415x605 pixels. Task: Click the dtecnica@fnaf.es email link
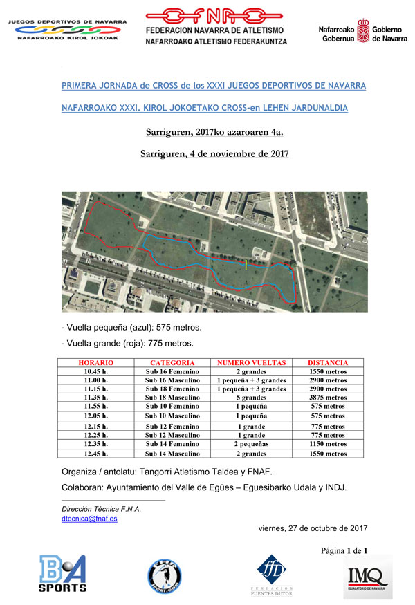[x=89, y=519]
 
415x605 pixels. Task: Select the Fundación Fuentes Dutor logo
[x=270, y=573]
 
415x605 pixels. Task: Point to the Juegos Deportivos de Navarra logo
[x=67, y=30]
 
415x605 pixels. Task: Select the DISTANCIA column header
[x=328, y=362]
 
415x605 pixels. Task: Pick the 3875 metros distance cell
[x=328, y=398]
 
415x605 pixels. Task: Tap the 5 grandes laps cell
[x=251, y=398]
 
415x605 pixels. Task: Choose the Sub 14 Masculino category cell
[x=172, y=454]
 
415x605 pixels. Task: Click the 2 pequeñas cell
[x=251, y=445]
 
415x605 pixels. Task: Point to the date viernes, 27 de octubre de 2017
[x=313, y=528]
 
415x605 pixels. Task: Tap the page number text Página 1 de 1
[x=343, y=550]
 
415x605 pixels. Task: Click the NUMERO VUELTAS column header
[x=251, y=362]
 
